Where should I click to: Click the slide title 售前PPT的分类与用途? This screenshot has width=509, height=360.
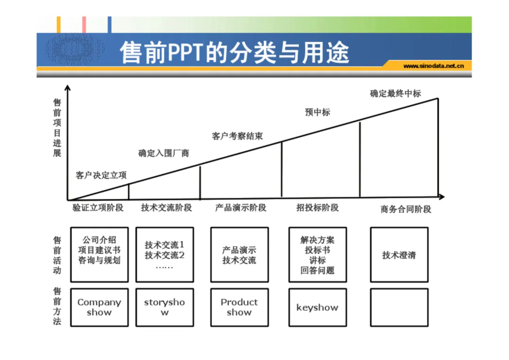(x=234, y=53)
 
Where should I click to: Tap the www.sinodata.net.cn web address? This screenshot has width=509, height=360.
(x=434, y=66)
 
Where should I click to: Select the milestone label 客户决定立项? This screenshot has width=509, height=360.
(x=101, y=175)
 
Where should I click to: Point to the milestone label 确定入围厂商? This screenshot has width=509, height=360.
(x=164, y=153)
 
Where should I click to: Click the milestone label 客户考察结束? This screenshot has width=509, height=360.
(x=237, y=136)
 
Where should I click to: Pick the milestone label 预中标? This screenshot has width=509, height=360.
(x=317, y=112)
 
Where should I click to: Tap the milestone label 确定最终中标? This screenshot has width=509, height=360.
(x=395, y=93)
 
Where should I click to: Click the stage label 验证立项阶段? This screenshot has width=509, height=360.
(x=98, y=207)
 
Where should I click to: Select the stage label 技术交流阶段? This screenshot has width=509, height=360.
(x=166, y=207)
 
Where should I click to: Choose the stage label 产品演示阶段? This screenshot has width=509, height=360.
(x=240, y=207)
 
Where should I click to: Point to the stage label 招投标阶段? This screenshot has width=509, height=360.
(x=317, y=207)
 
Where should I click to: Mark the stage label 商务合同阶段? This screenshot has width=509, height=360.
(x=406, y=209)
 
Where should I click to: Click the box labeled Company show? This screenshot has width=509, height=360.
(x=99, y=307)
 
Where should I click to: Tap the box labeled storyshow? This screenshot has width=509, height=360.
(x=164, y=307)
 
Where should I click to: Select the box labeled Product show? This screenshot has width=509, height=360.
(x=239, y=307)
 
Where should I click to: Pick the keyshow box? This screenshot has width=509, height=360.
(x=317, y=307)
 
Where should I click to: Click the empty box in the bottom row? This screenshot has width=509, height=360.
(x=399, y=307)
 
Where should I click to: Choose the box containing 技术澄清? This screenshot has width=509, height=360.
(x=399, y=255)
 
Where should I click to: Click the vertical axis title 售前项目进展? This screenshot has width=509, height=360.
(x=57, y=127)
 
